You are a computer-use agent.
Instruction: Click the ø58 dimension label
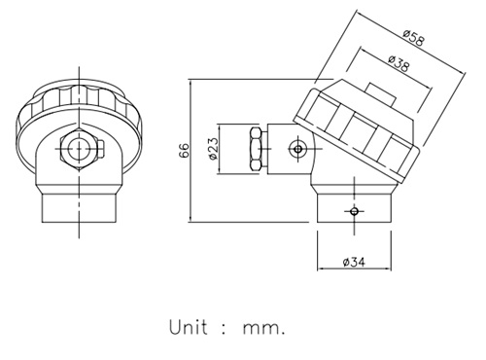(x=413, y=38)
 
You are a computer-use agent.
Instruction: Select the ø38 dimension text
(x=399, y=63)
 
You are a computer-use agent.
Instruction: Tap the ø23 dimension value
(x=214, y=149)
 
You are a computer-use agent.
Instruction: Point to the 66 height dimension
(x=184, y=150)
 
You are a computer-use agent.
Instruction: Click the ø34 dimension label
(x=354, y=262)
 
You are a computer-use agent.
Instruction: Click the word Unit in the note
(x=189, y=327)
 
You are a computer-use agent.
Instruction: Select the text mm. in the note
(x=264, y=329)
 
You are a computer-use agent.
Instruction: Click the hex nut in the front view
(x=79, y=149)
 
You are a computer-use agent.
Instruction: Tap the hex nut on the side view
(x=256, y=149)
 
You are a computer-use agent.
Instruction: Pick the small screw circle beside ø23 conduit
(x=297, y=149)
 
